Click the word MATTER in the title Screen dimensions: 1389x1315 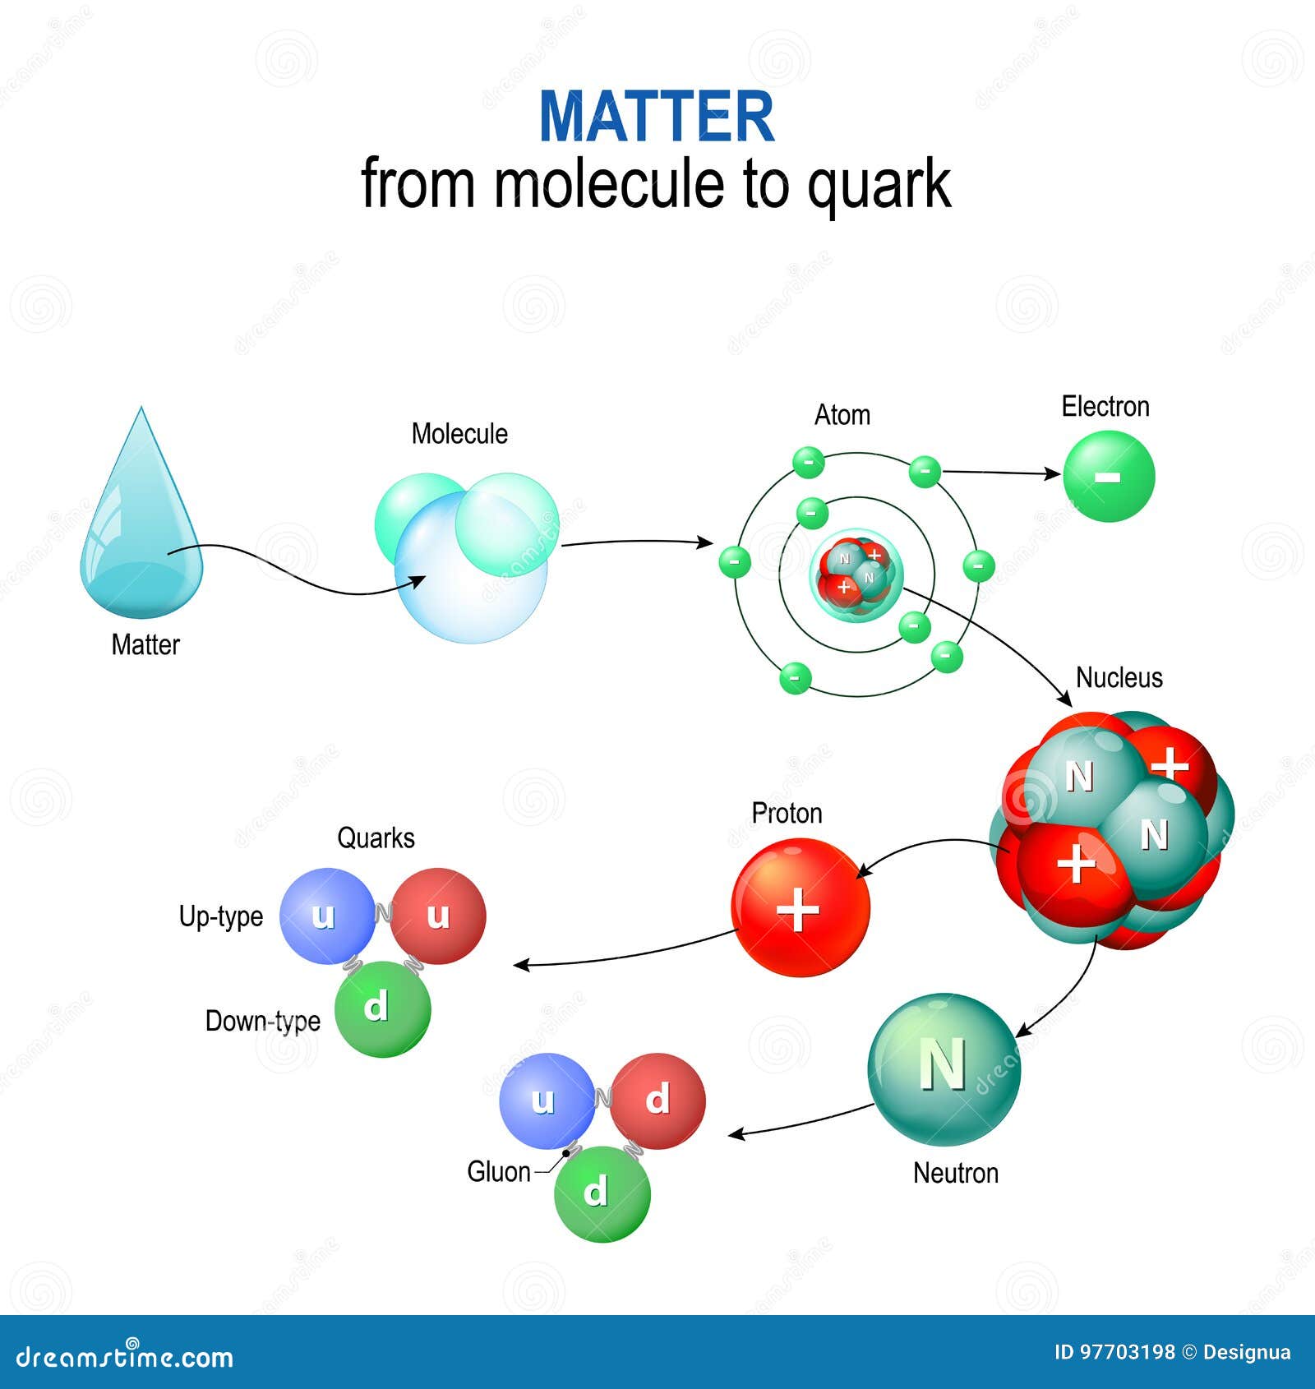pyautogui.click(x=656, y=117)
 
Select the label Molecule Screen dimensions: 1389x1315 pyautogui.click(x=459, y=434)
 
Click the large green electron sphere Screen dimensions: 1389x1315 pyautogui.click(x=1109, y=477)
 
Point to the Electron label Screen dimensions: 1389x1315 pyautogui.click(x=1105, y=407)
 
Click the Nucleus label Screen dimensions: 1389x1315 pyautogui.click(x=1119, y=678)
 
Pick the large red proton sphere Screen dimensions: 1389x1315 pyautogui.click(x=800, y=907)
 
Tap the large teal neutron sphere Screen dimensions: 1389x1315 pyautogui.click(x=944, y=1068)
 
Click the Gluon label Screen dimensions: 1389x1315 pyautogui.click(x=498, y=1172)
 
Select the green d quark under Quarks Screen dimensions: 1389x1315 pyautogui.click(x=382, y=1009)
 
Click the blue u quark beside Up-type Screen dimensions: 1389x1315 pyautogui.click(x=326, y=916)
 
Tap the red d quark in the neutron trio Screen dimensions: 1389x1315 pyautogui.click(x=657, y=1101)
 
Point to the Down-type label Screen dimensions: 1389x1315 pyautogui.click(x=262, y=1021)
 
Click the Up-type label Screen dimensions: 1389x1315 pyautogui.click(x=221, y=916)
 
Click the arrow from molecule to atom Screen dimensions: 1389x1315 pyautogui.click(x=637, y=542)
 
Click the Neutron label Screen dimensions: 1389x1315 pyautogui.click(x=955, y=1173)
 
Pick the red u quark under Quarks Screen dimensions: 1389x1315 pyautogui.click(x=438, y=916)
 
